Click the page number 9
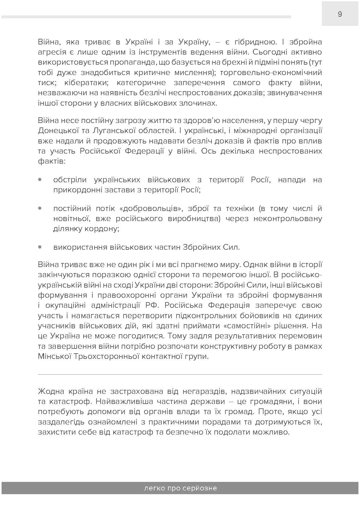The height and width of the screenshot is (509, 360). point(340,14)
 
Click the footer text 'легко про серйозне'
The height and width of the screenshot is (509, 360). point(180,488)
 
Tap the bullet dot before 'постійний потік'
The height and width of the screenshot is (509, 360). point(40,208)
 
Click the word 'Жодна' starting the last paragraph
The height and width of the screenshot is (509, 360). point(49,392)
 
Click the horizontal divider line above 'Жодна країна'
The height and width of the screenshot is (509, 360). point(180,374)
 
